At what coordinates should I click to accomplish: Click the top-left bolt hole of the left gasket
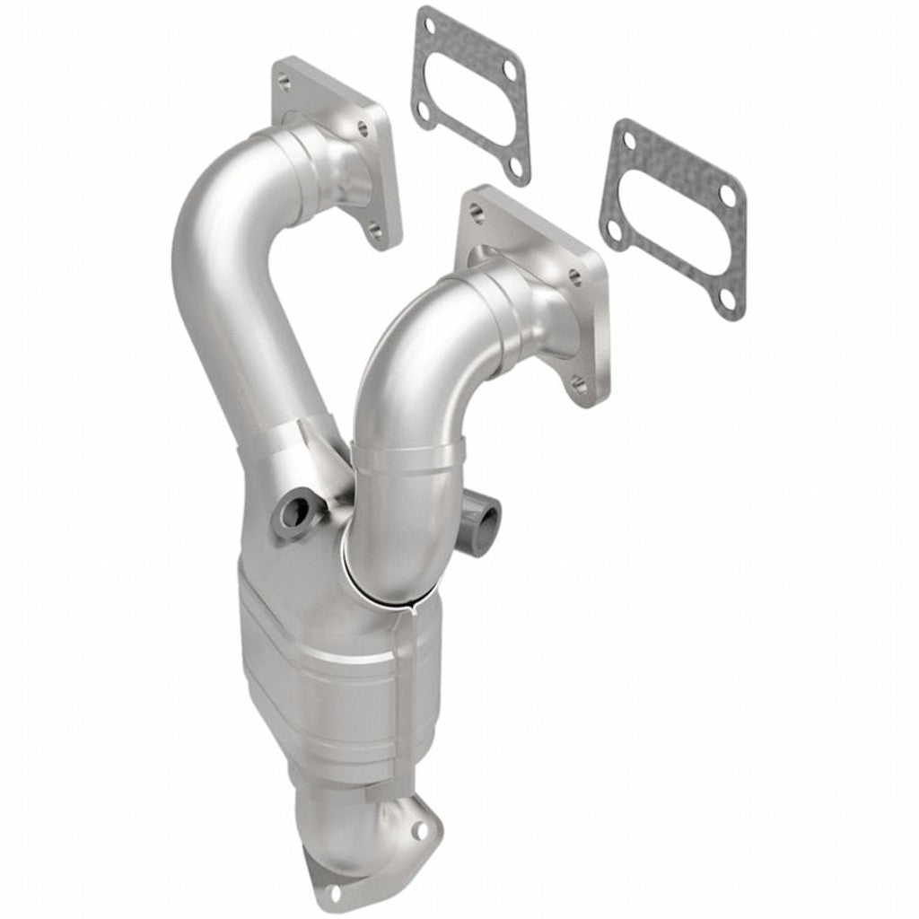430,26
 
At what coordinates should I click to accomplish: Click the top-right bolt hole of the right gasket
726,195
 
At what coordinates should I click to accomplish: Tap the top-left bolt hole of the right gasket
630,141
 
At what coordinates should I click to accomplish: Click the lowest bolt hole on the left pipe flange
376,231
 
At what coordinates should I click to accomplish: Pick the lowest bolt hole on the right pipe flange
580,386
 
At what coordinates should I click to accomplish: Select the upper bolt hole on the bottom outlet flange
418,831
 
